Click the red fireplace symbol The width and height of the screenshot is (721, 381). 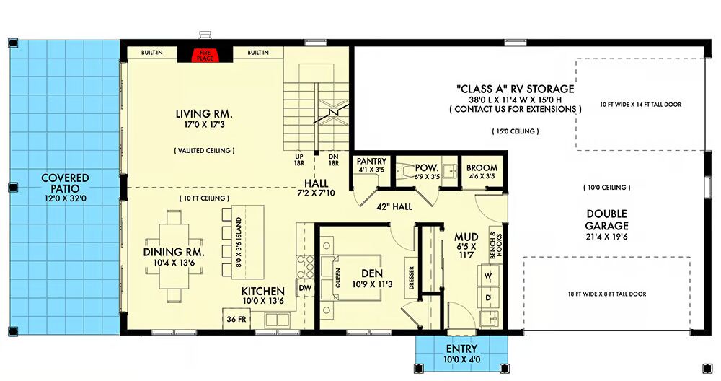pos(205,55)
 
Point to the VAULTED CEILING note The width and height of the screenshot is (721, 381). pos(205,151)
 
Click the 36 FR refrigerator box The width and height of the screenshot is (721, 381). pos(236,318)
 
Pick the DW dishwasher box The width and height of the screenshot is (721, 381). pos(305,288)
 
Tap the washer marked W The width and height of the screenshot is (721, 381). pos(488,276)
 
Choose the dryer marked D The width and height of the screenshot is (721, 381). pos(488,298)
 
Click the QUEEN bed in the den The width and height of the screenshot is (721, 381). pos(350,278)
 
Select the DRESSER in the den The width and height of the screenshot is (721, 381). pos(411,278)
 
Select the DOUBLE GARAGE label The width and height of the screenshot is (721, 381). pos(606,219)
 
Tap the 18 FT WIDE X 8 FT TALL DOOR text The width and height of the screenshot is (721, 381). pos(607,294)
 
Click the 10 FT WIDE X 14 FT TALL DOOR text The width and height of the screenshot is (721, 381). pos(640,105)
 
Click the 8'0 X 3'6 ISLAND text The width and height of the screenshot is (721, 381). pos(238,242)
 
